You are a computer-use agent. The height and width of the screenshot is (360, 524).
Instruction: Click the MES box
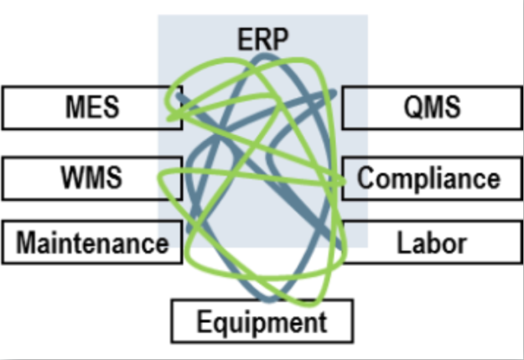tap(91, 107)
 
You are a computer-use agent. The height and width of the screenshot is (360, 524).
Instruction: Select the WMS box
tap(91, 178)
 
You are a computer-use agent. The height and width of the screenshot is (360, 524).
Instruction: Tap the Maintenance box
tap(91, 243)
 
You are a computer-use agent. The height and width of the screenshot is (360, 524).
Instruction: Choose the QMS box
tap(431, 107)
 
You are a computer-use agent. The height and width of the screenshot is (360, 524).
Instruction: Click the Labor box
tap(431, 243)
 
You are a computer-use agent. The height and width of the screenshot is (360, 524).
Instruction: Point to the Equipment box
tap(262, 321)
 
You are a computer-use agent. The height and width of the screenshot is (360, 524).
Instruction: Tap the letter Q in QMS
tap(410, 107)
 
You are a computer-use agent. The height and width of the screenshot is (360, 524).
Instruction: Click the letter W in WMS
tap(74, 178)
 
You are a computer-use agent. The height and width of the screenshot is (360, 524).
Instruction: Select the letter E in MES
tap(92, 107)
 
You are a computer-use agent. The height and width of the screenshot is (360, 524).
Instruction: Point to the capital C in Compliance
tap(366, 178)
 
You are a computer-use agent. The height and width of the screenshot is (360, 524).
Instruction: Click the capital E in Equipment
tap(203, 321)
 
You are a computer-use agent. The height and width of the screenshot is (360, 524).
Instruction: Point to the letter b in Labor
tap(431, 243)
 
